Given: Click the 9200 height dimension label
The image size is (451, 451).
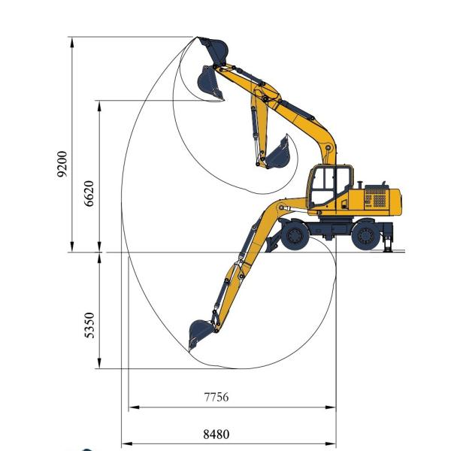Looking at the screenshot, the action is (x=62, y=164).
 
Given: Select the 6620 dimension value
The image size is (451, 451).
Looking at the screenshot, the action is (x=89, y=193).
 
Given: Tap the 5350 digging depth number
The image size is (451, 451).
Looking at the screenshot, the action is (x=89, y=325).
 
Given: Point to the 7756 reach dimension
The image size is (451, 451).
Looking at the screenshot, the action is (x=216, y=397).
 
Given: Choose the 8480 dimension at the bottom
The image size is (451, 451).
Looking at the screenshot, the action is (x=216, y=434).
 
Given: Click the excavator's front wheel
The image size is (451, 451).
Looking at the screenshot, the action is (x=295, y=235).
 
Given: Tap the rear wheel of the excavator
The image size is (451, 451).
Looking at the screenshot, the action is (x=366, y=235).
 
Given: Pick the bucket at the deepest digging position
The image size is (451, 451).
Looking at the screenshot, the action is (x=200, y=334).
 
